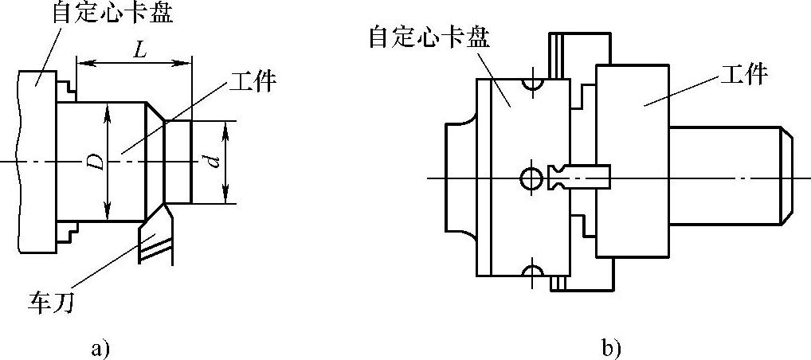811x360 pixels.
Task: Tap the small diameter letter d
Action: [212, 162]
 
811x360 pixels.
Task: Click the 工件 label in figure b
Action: [742, 75]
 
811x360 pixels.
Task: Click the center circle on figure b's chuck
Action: [530, 178]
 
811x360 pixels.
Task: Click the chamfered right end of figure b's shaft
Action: [786, 178]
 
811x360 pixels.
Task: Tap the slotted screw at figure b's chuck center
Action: [580, 176]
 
